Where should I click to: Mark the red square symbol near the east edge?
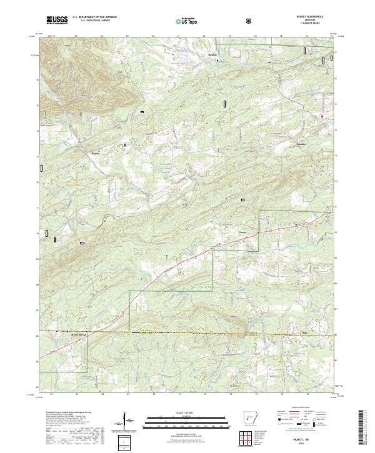[x=322, y=116]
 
